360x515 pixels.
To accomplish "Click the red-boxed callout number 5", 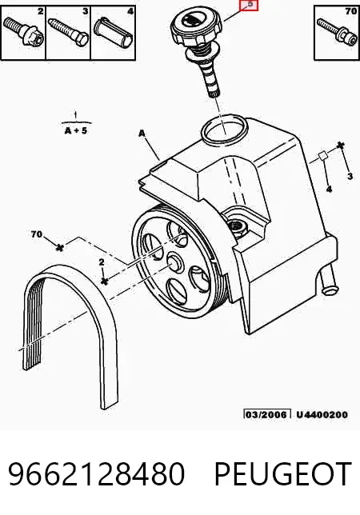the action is [249, 6].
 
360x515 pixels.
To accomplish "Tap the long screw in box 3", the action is [68, 31].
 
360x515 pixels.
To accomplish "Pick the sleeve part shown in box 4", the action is [114, 31].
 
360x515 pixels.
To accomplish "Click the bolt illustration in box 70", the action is [337, 33].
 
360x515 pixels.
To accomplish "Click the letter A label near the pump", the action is [142, 134].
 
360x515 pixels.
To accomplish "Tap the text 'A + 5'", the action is [76, 130].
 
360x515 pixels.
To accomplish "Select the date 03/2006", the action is [267, 414].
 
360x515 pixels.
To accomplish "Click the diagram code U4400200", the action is [322, 414].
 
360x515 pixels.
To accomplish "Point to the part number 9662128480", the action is [96, 473].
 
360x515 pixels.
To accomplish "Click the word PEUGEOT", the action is [283, 473].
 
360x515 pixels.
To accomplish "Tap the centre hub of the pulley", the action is [174, 261].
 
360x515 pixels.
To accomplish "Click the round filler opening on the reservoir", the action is [225, 130].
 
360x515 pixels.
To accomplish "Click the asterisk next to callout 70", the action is [59, 247].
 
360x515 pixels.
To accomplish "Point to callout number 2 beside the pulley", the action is [102, 261].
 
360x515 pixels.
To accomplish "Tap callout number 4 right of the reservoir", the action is [329, 190].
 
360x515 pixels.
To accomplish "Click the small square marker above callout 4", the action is [322, 156].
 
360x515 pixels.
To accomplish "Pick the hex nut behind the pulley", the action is [237, 226].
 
